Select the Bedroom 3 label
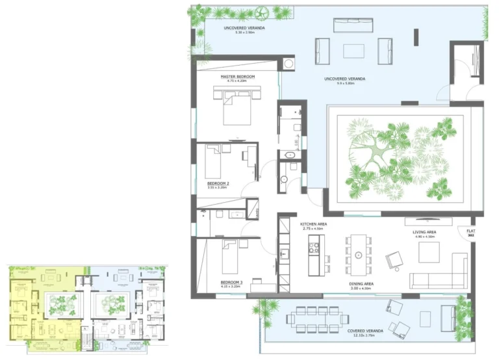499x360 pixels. click(232, 283)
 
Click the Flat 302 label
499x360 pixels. click(470, 232)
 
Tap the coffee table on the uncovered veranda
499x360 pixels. click(353, 51)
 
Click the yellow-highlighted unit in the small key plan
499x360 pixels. click(45, 302)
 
